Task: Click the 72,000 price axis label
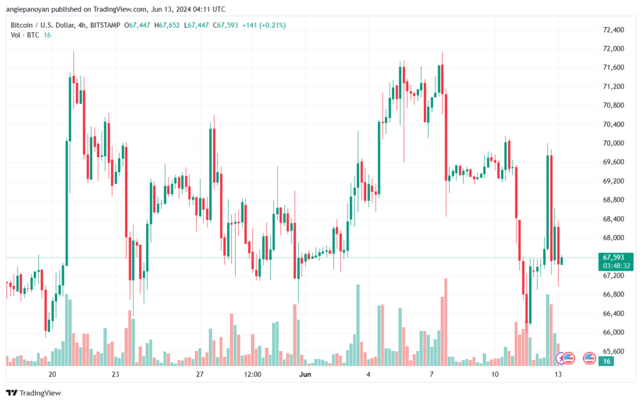(613, 49)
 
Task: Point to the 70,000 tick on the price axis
(613, 143)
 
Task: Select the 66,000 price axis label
(613, 332)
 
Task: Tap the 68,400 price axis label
(613, 219)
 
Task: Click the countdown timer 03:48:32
(616, 266)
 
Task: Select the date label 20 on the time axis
(52, 374)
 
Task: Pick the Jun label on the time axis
(305, 374)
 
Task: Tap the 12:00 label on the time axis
(252, 374)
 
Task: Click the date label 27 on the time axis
(199, 374)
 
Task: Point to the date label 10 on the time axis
(495, 374)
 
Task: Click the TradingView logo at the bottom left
(34, 393)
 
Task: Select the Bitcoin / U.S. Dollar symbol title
(43, 25)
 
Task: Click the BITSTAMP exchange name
(105, 25)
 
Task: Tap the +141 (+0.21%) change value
(264, 25)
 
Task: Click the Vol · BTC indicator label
(25, 35)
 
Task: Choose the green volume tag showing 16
(606, 361)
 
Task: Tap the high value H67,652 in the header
(167, 25)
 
